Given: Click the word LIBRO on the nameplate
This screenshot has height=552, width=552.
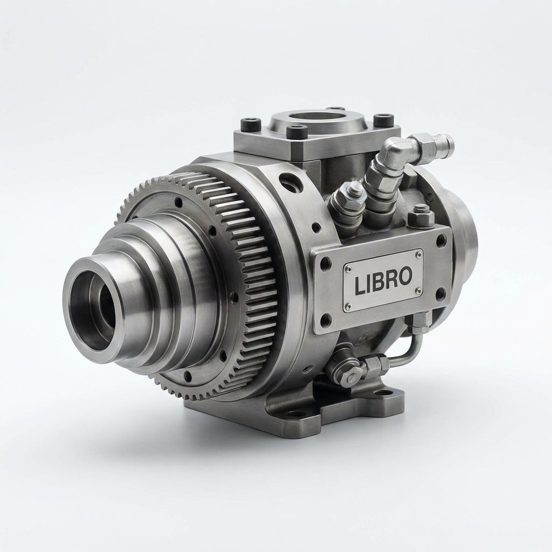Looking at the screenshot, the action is pos(383,280).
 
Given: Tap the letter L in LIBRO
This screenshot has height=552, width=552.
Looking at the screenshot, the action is pos(360,285).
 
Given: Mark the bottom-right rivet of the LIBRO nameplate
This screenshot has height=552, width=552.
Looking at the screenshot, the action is pos(418,290).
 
